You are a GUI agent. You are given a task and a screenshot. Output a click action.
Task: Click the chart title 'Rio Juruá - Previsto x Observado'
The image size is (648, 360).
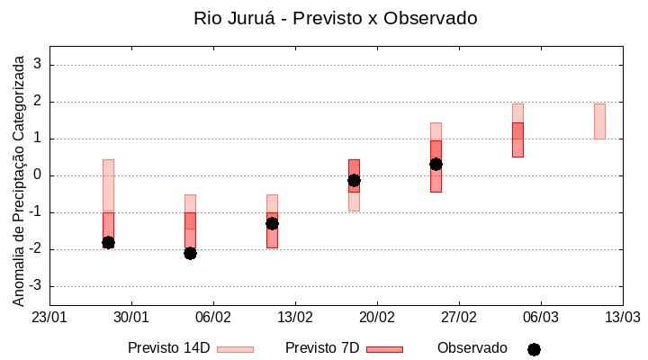pos(335,18)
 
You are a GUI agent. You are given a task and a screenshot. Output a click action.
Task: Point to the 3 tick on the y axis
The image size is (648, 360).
pos(38,65)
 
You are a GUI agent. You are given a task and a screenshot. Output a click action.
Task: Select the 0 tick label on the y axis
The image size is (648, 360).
pos(38,175)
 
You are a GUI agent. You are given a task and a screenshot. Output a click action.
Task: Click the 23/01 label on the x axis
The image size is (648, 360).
pos(49,318)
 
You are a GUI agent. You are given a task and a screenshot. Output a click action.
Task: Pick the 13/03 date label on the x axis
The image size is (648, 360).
pos(622,318)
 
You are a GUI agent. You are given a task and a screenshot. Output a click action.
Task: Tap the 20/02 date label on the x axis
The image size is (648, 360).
pos(376,318)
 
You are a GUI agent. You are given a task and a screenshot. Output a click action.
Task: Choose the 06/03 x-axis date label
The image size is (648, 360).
pos(540,318)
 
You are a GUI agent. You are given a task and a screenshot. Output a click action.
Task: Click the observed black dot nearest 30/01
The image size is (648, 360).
pos(108,242)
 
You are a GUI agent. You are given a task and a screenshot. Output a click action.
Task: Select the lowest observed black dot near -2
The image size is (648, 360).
pos(190,253)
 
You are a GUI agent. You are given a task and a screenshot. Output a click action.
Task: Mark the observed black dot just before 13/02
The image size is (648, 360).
pos(272,223)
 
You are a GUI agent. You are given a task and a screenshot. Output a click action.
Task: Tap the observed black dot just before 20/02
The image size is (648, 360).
pos(354,180)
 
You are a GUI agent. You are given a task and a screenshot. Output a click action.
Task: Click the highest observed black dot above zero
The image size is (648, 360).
pos(436,164)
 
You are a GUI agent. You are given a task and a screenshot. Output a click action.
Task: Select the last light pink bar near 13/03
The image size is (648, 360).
pos(599,121)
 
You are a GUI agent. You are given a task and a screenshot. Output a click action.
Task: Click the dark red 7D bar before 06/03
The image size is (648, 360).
pos(517,139)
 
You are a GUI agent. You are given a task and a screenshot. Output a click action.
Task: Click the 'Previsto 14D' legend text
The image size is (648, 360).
pos(168,348)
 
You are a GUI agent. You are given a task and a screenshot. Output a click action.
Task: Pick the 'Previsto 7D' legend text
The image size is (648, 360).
pos(322,348)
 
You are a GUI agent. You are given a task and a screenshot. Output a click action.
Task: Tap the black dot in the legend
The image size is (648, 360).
pos(534,349)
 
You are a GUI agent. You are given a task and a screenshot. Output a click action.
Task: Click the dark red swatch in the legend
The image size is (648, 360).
pos(384,349)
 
